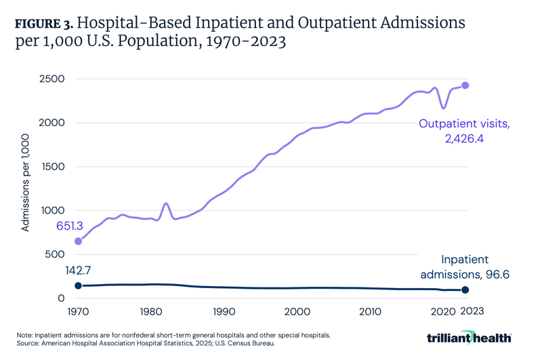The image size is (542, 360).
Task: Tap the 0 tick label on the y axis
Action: [61, 298]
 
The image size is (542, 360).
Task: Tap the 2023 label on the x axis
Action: [473, 311]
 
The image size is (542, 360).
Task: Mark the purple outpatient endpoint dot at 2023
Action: [465, 85]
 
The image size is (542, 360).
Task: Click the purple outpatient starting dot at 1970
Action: [78, 241]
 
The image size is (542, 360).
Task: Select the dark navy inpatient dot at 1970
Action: [78, 286]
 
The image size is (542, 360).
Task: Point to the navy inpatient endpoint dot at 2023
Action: [465, 290]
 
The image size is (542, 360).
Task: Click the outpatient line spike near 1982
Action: [166, 203]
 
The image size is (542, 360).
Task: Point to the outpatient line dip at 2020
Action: [444, 108]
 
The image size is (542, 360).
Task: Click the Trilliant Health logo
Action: [468, 338]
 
